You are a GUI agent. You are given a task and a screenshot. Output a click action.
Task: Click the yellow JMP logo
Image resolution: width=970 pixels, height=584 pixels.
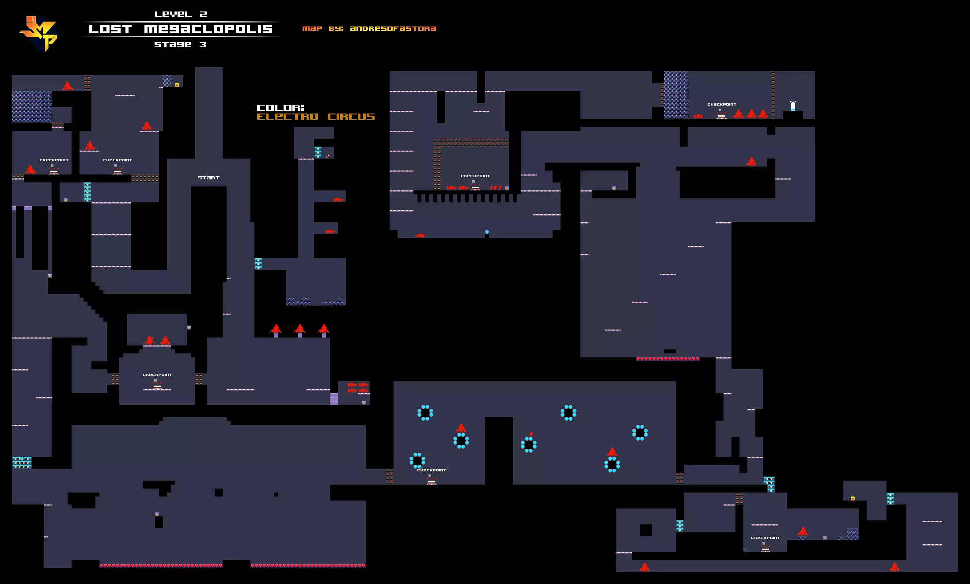click(39, 33)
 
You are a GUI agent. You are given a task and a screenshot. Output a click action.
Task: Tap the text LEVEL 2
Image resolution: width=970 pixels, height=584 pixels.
click(181, 14)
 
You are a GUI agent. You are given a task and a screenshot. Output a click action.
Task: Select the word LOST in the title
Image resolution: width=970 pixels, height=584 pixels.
click(110, 29)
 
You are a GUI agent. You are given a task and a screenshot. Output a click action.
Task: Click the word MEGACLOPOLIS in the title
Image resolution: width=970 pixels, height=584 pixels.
click(208, 29)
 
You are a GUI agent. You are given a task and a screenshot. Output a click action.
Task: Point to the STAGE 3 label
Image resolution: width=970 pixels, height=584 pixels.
click(180, 44)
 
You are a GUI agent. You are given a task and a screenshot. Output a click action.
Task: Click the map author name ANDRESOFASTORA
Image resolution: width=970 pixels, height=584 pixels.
click(393, 29)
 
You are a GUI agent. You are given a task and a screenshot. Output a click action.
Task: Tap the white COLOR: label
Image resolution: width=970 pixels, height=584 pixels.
click(280, 108)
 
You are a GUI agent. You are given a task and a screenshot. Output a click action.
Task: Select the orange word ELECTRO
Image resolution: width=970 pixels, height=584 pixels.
click(288, 117)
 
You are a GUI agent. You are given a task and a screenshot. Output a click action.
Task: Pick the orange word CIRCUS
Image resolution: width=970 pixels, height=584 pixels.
click(351, 117)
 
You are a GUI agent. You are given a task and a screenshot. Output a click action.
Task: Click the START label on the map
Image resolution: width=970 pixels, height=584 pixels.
click(208, 178)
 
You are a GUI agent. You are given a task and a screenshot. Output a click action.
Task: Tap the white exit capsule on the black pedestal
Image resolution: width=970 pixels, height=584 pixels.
click(793, 106)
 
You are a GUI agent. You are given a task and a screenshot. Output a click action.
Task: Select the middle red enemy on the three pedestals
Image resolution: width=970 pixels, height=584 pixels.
click(299, 329)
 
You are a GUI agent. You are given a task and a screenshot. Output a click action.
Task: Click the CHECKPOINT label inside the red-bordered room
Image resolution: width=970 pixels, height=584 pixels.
click(475, 176)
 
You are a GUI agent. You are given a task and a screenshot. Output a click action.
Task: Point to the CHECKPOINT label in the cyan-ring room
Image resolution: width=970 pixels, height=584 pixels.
click(432, 470)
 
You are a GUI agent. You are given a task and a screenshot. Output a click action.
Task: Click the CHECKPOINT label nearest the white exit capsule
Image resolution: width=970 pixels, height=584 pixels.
click(722, 104)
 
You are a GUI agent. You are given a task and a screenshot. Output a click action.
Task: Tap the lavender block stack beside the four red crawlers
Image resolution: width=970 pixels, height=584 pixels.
click(334, 399)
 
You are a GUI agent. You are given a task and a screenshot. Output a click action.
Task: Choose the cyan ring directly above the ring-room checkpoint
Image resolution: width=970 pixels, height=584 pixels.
click(417, 460)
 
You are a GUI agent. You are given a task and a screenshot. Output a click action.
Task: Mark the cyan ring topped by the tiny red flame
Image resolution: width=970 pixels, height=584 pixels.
click(528, 444)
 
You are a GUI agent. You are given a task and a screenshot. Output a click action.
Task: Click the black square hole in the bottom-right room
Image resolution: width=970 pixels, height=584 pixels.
click(646, 530)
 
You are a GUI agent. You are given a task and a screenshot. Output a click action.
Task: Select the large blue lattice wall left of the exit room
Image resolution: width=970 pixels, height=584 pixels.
click(675, 95)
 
